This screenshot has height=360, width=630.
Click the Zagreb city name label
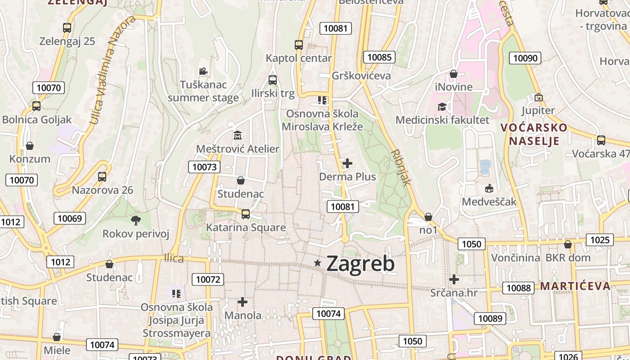pyautogui.click(x=360, y=264)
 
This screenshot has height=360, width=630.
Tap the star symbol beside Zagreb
pyautogui.click(x=318, y=263)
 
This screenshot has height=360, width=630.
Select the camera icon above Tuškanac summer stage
pyautogui.click(x=203, y=71)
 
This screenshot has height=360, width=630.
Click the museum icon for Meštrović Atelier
pyautogui.click(x=237, y=135)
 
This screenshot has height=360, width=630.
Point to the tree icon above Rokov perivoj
pyautogui.click(x=135, y=220)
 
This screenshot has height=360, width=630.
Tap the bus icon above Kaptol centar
pyautogui.click(x=299, y=45)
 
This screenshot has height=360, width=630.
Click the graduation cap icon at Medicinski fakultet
pyautogui.click(x=442, y=107)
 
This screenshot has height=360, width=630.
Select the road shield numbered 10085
pyautogui.click(x=379, y=57)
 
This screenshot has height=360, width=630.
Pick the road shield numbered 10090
pyautogui.click(x=525, y=58)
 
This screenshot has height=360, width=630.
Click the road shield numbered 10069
pyautogui.click(x=70, y=219)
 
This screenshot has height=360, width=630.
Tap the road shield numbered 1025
pyautogui.click(x=600, y=240)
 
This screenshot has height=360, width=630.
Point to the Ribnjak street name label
pyautogui.click(x=401, y=167)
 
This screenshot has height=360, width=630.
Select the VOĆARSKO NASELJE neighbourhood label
pyautogui.click(x=534, y=134)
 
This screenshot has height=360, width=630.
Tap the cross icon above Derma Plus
pyautogui.click(x=347, y=163)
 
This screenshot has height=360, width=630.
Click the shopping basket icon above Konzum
pyautogui.click(x=30, y=146)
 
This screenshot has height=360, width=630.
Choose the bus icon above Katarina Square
pyautogui.click(x=246, y=214)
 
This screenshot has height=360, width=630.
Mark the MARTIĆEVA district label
pyautogui.click(x=575, y=286)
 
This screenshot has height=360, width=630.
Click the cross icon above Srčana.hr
pyautogui.click(x=454, y=279)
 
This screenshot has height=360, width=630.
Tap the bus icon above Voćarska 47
pyautogui.click(x=601, y=140)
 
